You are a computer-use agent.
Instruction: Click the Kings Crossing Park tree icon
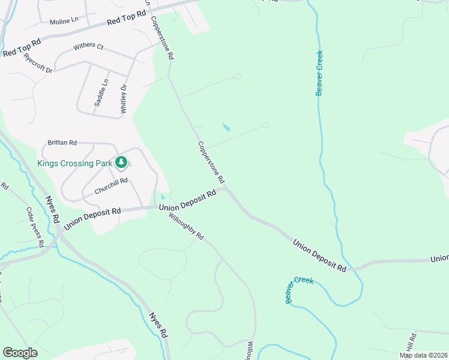122,162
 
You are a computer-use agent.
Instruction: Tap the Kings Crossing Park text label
74,163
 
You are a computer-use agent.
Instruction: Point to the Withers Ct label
88,46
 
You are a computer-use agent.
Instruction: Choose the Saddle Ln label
101,93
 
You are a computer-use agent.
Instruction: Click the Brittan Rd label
62,143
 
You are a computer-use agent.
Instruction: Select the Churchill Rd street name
111,186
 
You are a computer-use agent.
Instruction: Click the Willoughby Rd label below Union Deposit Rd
187,227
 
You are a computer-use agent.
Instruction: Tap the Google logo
20,353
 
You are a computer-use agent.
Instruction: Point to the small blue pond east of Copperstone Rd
226,128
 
